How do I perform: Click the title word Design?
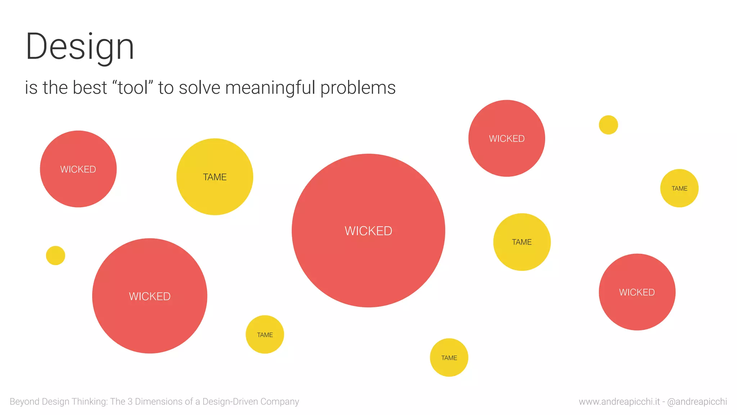(80, 47)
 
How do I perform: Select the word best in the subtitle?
(90, 88)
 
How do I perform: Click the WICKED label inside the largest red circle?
(368, 231)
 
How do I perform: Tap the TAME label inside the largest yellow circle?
(215, 177)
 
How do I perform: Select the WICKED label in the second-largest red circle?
(150, 296)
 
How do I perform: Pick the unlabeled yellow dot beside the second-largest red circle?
(55, 255)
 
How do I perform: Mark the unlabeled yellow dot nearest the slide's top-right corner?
(608, 125)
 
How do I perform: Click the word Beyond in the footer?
(24, 401)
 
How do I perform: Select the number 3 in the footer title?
(130, 401)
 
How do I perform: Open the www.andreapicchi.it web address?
(619, 402)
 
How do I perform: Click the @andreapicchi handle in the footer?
(697, 402)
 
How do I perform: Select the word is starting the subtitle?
(31, 88)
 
